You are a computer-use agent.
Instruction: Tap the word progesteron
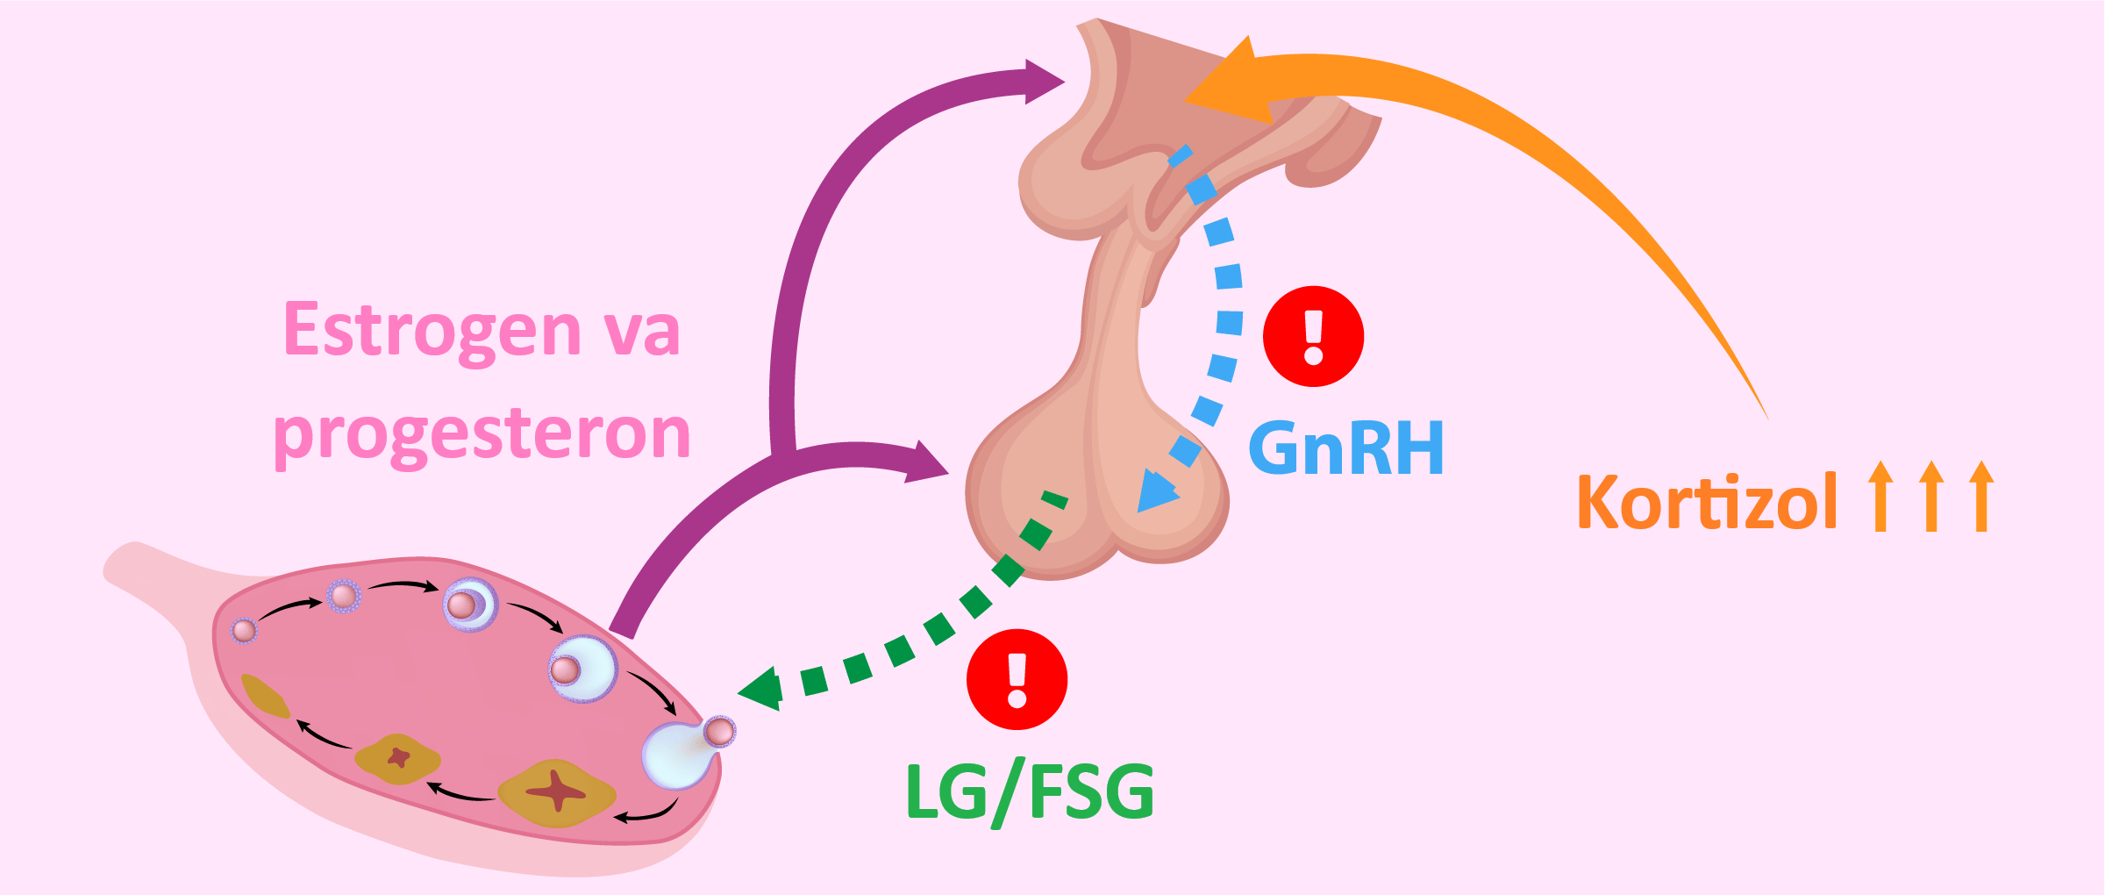tap(482, 433)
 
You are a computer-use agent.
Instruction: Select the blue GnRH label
tap(1345, 448)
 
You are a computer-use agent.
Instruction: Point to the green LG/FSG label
tap(1030, 792)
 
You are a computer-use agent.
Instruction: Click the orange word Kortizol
tap(1706, 502)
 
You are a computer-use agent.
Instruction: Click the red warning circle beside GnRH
tap(1313, 336)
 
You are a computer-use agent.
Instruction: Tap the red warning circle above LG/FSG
tap(1017, 679)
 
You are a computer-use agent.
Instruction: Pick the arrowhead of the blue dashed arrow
tap(1155, 493)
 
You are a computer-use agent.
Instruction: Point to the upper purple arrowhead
tap(1044, 82)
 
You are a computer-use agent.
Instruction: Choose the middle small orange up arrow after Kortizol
tap(1930, 495)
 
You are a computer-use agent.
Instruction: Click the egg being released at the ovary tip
tap(719, 731)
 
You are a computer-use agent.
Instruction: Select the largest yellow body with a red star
tap(557, 793)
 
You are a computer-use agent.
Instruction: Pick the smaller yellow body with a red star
tap(397, 758)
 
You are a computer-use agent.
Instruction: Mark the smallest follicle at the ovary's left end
tap(244, 630)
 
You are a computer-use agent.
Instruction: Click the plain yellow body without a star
tap(264, 696)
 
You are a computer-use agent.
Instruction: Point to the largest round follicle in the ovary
tap(583, 669)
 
